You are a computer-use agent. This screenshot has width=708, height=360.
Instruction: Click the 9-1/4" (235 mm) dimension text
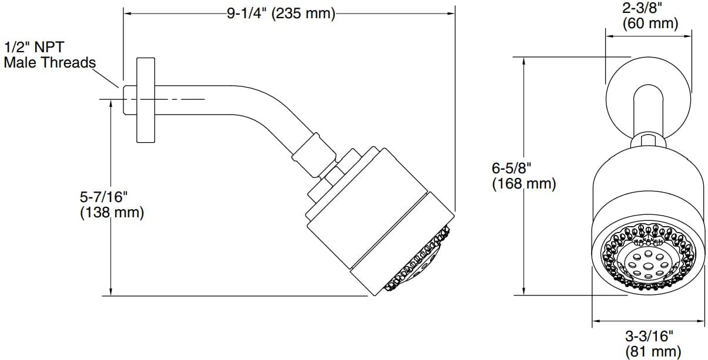281,13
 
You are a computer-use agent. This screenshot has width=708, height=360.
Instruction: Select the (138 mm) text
112,212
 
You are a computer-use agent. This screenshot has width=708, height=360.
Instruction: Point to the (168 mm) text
524,183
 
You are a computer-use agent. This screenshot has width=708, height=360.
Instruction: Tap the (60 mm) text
650,23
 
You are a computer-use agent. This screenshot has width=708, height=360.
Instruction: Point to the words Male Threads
49,62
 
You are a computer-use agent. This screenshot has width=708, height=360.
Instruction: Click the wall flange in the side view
146,100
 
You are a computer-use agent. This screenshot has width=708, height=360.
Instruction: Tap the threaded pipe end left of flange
129,100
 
